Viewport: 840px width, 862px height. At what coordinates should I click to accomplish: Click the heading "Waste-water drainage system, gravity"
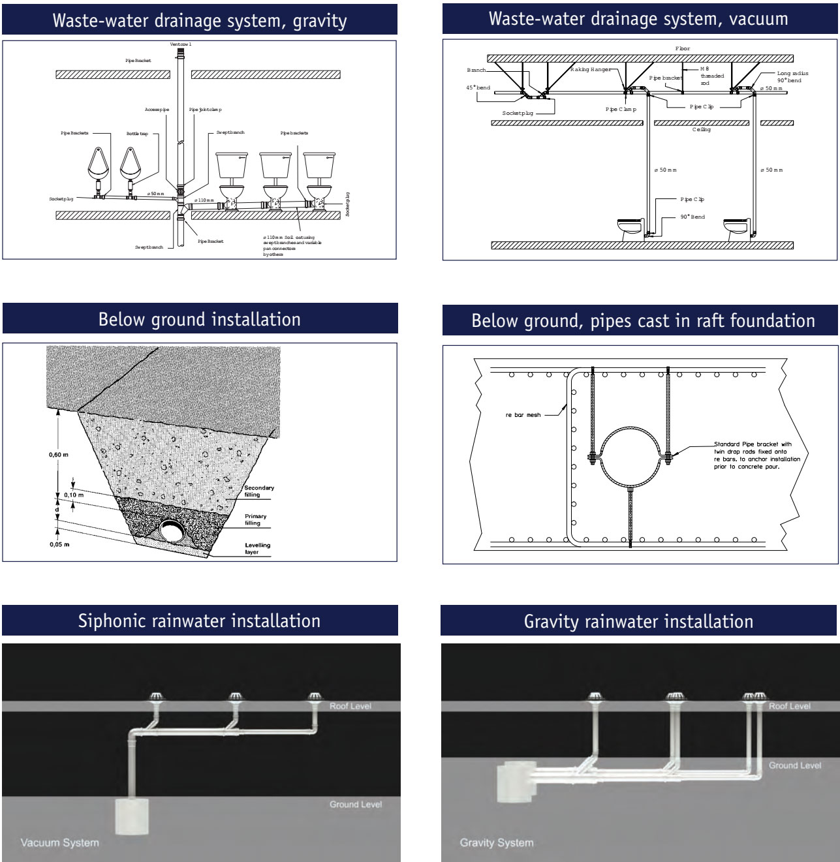click(x=199, y=20)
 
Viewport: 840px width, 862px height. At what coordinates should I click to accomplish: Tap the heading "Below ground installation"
click(x=199, y=319)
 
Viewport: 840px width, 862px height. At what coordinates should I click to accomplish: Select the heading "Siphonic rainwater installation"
click(x=199, y=620)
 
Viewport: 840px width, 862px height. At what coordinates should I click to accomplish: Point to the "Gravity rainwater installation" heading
click(x=638, y=621)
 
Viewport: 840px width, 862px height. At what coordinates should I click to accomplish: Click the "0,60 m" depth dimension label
click(x=59, y=454)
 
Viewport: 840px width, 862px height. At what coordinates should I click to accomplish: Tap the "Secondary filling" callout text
click(x=258, y=491)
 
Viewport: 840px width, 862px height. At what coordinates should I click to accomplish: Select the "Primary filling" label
click(x=255, y=519)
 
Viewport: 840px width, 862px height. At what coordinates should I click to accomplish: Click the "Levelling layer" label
click(x=257, y=548)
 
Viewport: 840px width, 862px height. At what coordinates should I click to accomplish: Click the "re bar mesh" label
click(x=523, y=415)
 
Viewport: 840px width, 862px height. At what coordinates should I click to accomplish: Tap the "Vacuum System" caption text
click(x=59, y=842)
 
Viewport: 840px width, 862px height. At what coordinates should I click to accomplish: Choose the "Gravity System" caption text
click(x=496, y=842)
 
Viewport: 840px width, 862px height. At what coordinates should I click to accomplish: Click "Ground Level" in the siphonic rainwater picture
click(x=355, y=804)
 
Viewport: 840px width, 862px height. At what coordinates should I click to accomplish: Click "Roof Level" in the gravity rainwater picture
click(x=790, y=706)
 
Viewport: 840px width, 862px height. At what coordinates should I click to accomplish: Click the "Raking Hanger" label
click(x=591, y=69)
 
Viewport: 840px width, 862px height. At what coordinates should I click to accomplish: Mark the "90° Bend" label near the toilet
click(x=692, y=217)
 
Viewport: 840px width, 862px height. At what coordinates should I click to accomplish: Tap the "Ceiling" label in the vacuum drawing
click(x=702, y=129)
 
